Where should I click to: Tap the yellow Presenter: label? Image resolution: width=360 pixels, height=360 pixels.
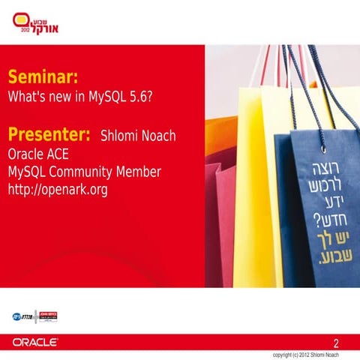pos(49,136)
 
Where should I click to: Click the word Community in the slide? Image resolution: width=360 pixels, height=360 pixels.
pos(88,172)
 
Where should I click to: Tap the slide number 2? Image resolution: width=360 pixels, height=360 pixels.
pos(346,341)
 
